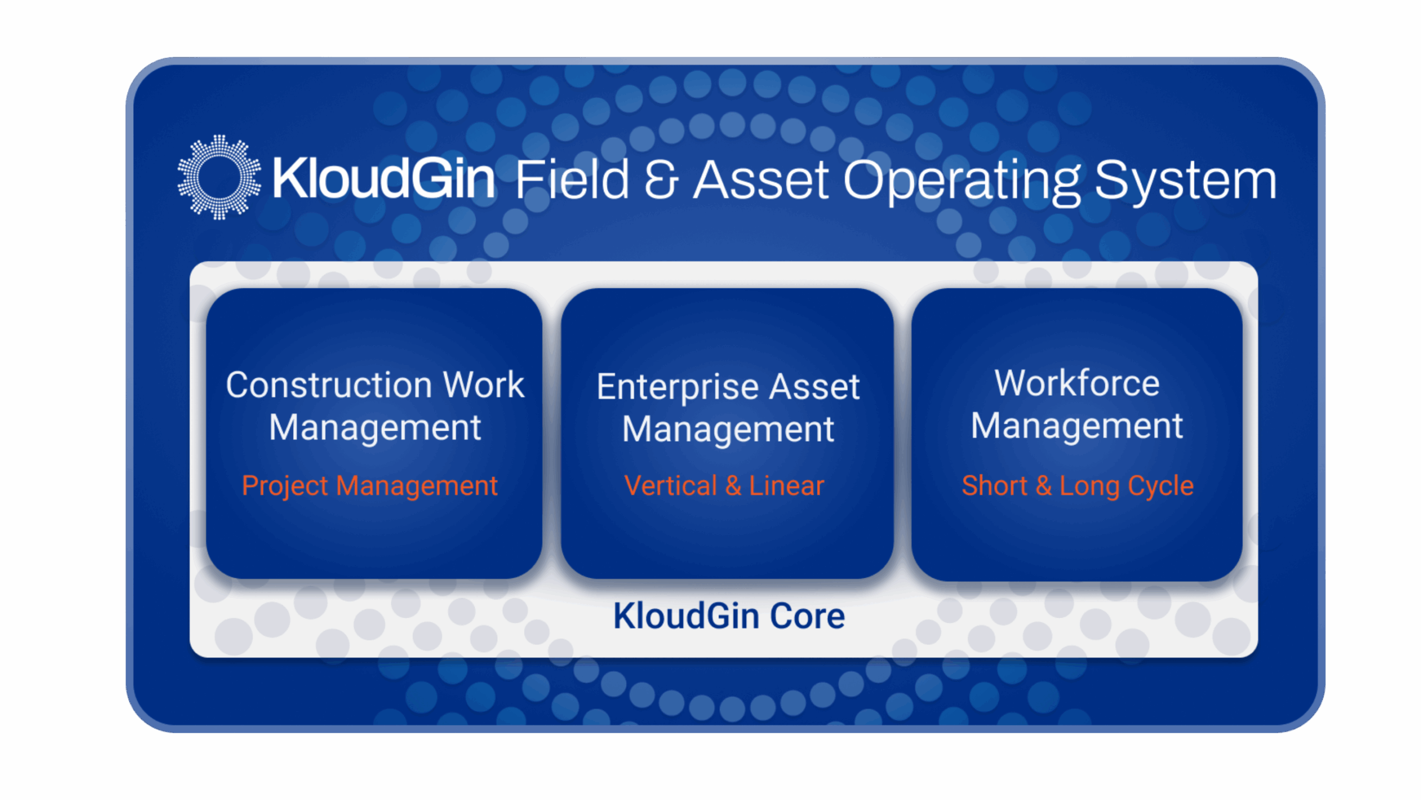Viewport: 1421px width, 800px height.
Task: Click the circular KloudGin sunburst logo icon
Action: click(x=219, y=177)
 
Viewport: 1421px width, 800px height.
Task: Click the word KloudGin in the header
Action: click(x=384, y=178)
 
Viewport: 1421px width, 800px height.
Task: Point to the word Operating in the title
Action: click(x=962, y=182)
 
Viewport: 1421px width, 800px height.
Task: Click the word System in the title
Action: click(x=1185, y=181)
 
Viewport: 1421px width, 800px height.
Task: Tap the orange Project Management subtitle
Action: click(x=370, y=487)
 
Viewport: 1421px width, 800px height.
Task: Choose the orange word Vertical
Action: click(x=671, y=486)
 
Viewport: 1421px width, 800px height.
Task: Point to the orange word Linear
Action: click(x=787, y=486)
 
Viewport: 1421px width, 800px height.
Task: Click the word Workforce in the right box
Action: click(x=1077, y=383)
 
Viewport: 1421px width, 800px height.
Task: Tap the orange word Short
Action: click(x=995, y=486)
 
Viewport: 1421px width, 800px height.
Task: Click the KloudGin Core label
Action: click(x=729, y=616)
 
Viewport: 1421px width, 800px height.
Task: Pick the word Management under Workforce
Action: click(x=1077, y=427)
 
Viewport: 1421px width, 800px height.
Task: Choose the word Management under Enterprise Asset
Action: click(x=728, y=430)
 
